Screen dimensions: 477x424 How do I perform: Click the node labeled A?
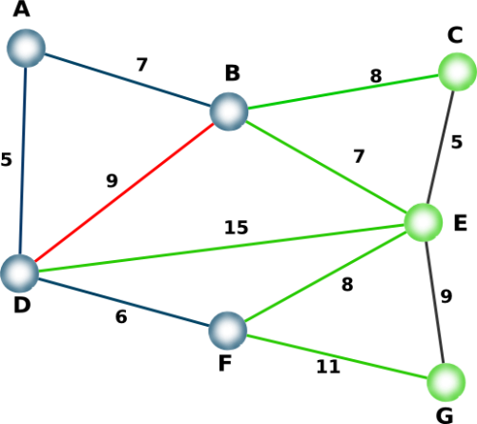pos(26,49)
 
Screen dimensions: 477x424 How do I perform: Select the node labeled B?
pos(229,111)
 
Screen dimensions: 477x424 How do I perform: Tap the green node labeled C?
pos(457,71)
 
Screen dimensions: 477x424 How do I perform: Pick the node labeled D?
pos(20,273)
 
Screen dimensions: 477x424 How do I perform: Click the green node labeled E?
pos(424,222)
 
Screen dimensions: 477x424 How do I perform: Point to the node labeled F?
pos(228,331)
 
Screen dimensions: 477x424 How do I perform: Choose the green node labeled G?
pos(446,382)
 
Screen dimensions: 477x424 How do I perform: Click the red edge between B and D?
pos(124,192)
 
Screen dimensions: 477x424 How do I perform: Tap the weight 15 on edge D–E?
pos(236,228)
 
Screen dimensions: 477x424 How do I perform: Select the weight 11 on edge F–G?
pos(328,367)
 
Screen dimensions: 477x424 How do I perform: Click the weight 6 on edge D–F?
pos(121,316)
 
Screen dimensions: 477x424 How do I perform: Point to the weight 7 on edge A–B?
pos(142,65)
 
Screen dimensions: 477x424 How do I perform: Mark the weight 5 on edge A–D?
pos(6,159)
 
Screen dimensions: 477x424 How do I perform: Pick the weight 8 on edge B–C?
pos(376,76)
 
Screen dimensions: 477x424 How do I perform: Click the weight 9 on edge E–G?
pos(446,296)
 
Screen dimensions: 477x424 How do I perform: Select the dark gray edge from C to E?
pos(440,147)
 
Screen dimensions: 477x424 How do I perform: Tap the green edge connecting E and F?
pos(325,276)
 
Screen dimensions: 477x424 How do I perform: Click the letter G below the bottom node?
pos(445,415)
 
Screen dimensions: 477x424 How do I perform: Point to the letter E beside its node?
pos(461,223)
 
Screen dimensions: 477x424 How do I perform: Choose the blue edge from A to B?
pos(127,80)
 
